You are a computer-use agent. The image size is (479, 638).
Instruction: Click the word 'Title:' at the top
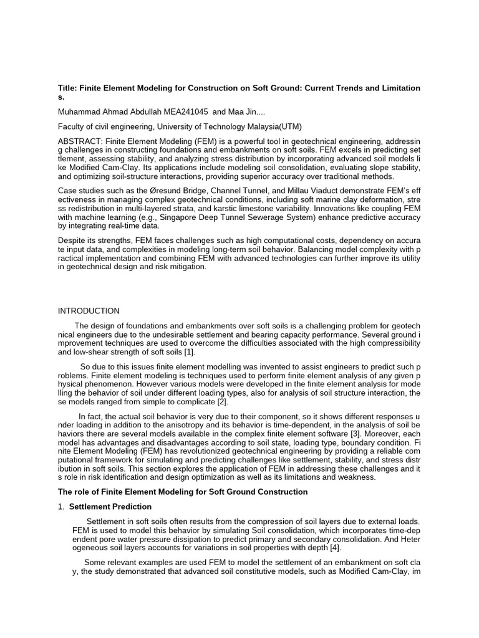click(68, 88)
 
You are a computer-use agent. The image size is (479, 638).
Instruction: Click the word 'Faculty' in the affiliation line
click(72, 126)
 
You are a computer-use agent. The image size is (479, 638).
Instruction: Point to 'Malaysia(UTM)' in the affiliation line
click(274, 126)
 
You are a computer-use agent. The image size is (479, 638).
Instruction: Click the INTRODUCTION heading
click(89, 311)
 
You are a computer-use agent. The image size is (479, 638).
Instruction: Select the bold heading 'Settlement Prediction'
click(110, 507)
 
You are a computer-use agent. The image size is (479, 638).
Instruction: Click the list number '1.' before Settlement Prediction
click(61, 507)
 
